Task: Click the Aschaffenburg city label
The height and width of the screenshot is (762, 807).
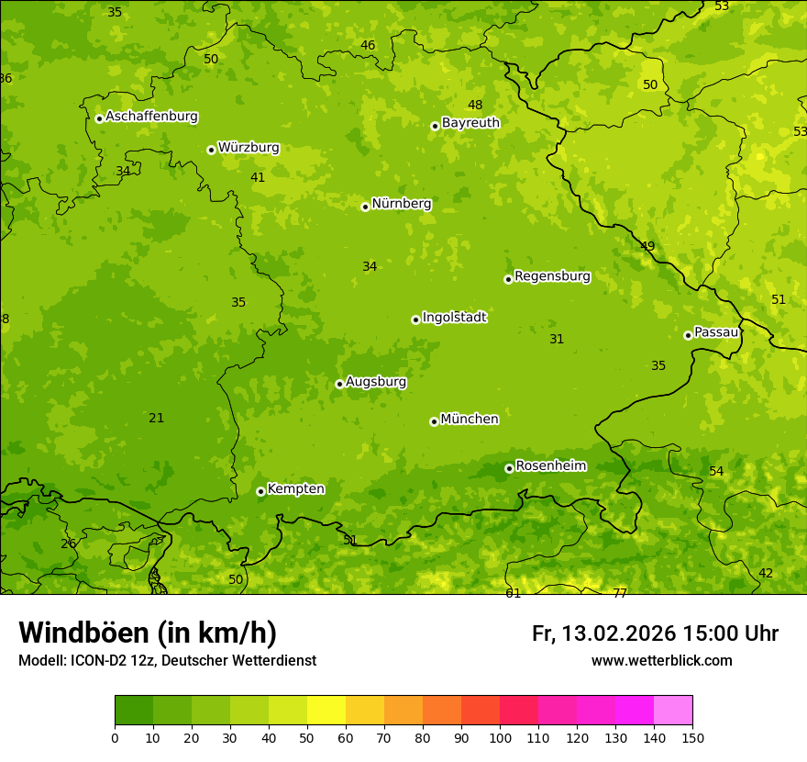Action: coord(151,117)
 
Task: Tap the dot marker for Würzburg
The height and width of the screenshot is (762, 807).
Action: coord(211,150)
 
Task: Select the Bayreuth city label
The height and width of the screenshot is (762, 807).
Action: coord(470,122)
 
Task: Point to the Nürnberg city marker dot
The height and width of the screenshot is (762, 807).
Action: coord(365,207)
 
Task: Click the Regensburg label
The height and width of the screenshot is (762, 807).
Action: coord(552,275)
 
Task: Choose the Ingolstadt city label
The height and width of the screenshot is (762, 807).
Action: coord(454,317)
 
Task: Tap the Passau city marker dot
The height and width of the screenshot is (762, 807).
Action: coord(688,335)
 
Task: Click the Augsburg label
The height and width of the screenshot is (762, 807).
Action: coord(376,381)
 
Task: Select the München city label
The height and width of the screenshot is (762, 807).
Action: coord(470,419)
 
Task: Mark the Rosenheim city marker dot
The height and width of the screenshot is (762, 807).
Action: coord(509,468)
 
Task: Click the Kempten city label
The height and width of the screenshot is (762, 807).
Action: coord(295,488)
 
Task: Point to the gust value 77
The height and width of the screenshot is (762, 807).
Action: coord(620,593)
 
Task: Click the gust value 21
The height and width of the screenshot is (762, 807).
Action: coord(157,418)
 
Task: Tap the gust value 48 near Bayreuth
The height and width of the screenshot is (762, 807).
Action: coord(475,105)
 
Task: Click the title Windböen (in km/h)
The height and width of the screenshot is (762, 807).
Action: coord(148,633)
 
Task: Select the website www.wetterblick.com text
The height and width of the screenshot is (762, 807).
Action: coord(661,660)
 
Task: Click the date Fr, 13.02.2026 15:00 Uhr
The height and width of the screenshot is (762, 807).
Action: coord(655,633)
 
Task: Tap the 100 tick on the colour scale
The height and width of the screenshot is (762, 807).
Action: coord(500,737)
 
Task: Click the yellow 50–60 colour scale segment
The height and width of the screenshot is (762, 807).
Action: coord(326,711)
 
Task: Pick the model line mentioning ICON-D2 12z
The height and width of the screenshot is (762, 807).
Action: coord(167,660)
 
